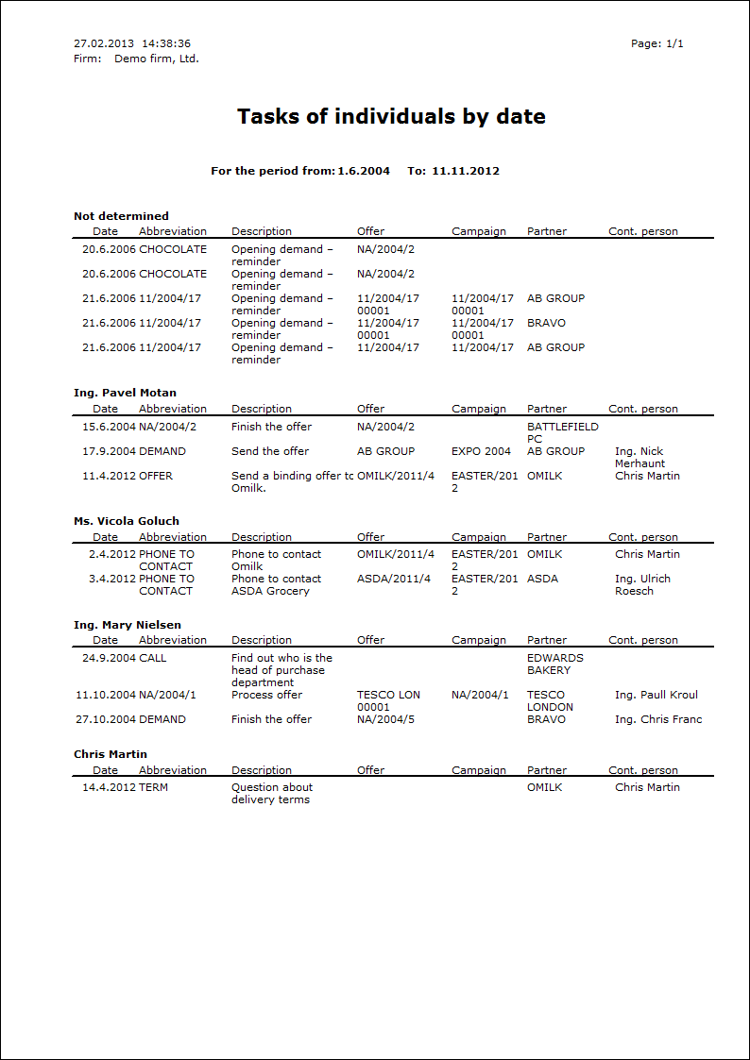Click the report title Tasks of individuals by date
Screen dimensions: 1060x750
point(391,117)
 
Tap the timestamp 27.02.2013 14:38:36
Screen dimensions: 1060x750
point(132,43)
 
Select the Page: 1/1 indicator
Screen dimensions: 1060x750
point(656,43)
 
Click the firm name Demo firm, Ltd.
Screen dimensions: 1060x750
point(157,59)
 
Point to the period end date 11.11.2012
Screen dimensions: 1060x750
point(466,171)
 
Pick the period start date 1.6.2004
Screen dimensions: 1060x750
point(364,171)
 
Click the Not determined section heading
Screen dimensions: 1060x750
point(121,216)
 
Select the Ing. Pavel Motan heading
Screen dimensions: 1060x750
point(125,393)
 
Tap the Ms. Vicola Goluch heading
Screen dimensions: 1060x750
point(127,521)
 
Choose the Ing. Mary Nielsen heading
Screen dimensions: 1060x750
point(128,625)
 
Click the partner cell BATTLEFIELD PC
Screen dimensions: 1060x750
point(562,432)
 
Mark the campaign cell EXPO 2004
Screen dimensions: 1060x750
point(481,451)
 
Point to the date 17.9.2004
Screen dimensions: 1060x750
point(109,451)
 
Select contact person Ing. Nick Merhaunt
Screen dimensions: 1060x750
point(639,457)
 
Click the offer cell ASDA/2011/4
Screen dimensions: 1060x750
point(394,579)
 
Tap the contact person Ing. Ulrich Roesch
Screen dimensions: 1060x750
point(642,584)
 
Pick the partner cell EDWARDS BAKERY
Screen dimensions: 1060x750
point(555,664)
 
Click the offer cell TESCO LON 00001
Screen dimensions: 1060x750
point(388,700)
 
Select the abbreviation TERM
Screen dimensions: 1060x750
point(153,787)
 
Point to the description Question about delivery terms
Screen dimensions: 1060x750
point(272,793)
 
